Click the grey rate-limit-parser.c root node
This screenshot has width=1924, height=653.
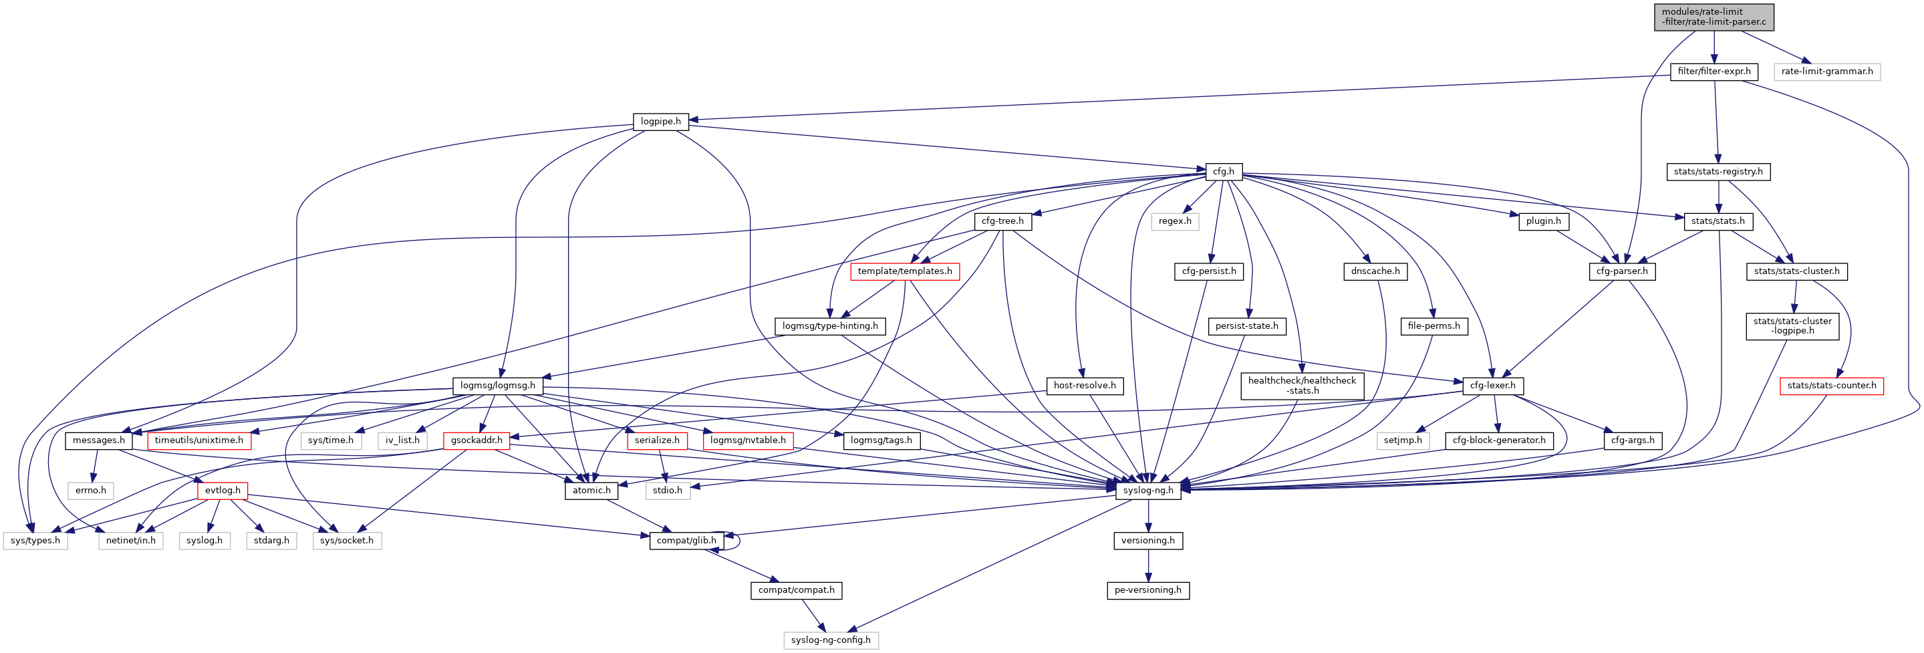coord(1713,17)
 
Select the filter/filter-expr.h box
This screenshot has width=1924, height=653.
coord(1713,72)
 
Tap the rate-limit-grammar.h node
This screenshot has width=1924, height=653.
coord(1826,72)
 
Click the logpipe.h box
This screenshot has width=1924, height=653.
coord(660,122)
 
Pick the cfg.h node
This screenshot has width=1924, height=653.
coord(1223,172)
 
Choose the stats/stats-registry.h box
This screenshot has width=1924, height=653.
coord(1718,172)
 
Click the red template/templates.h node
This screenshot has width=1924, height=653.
coord(904,271)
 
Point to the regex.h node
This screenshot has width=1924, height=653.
coord(1175,221)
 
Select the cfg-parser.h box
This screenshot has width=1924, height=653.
coord(1621,271)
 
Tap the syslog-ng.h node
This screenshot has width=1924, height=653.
coord(1148,491)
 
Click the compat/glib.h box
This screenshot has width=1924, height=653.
coord(686,541)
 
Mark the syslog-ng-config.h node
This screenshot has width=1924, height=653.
coord(831,640)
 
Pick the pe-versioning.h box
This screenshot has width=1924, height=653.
coord(1147,590)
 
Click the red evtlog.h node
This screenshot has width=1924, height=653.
coord(223,491)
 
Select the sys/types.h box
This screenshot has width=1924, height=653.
coord(35,541)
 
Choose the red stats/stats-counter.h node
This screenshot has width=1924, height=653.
coord(1831,386)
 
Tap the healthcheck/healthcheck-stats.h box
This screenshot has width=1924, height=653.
coord(1302,386)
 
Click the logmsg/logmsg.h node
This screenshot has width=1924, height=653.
coord(497,386)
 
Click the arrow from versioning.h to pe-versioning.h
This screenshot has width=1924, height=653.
coord(1148,565)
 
